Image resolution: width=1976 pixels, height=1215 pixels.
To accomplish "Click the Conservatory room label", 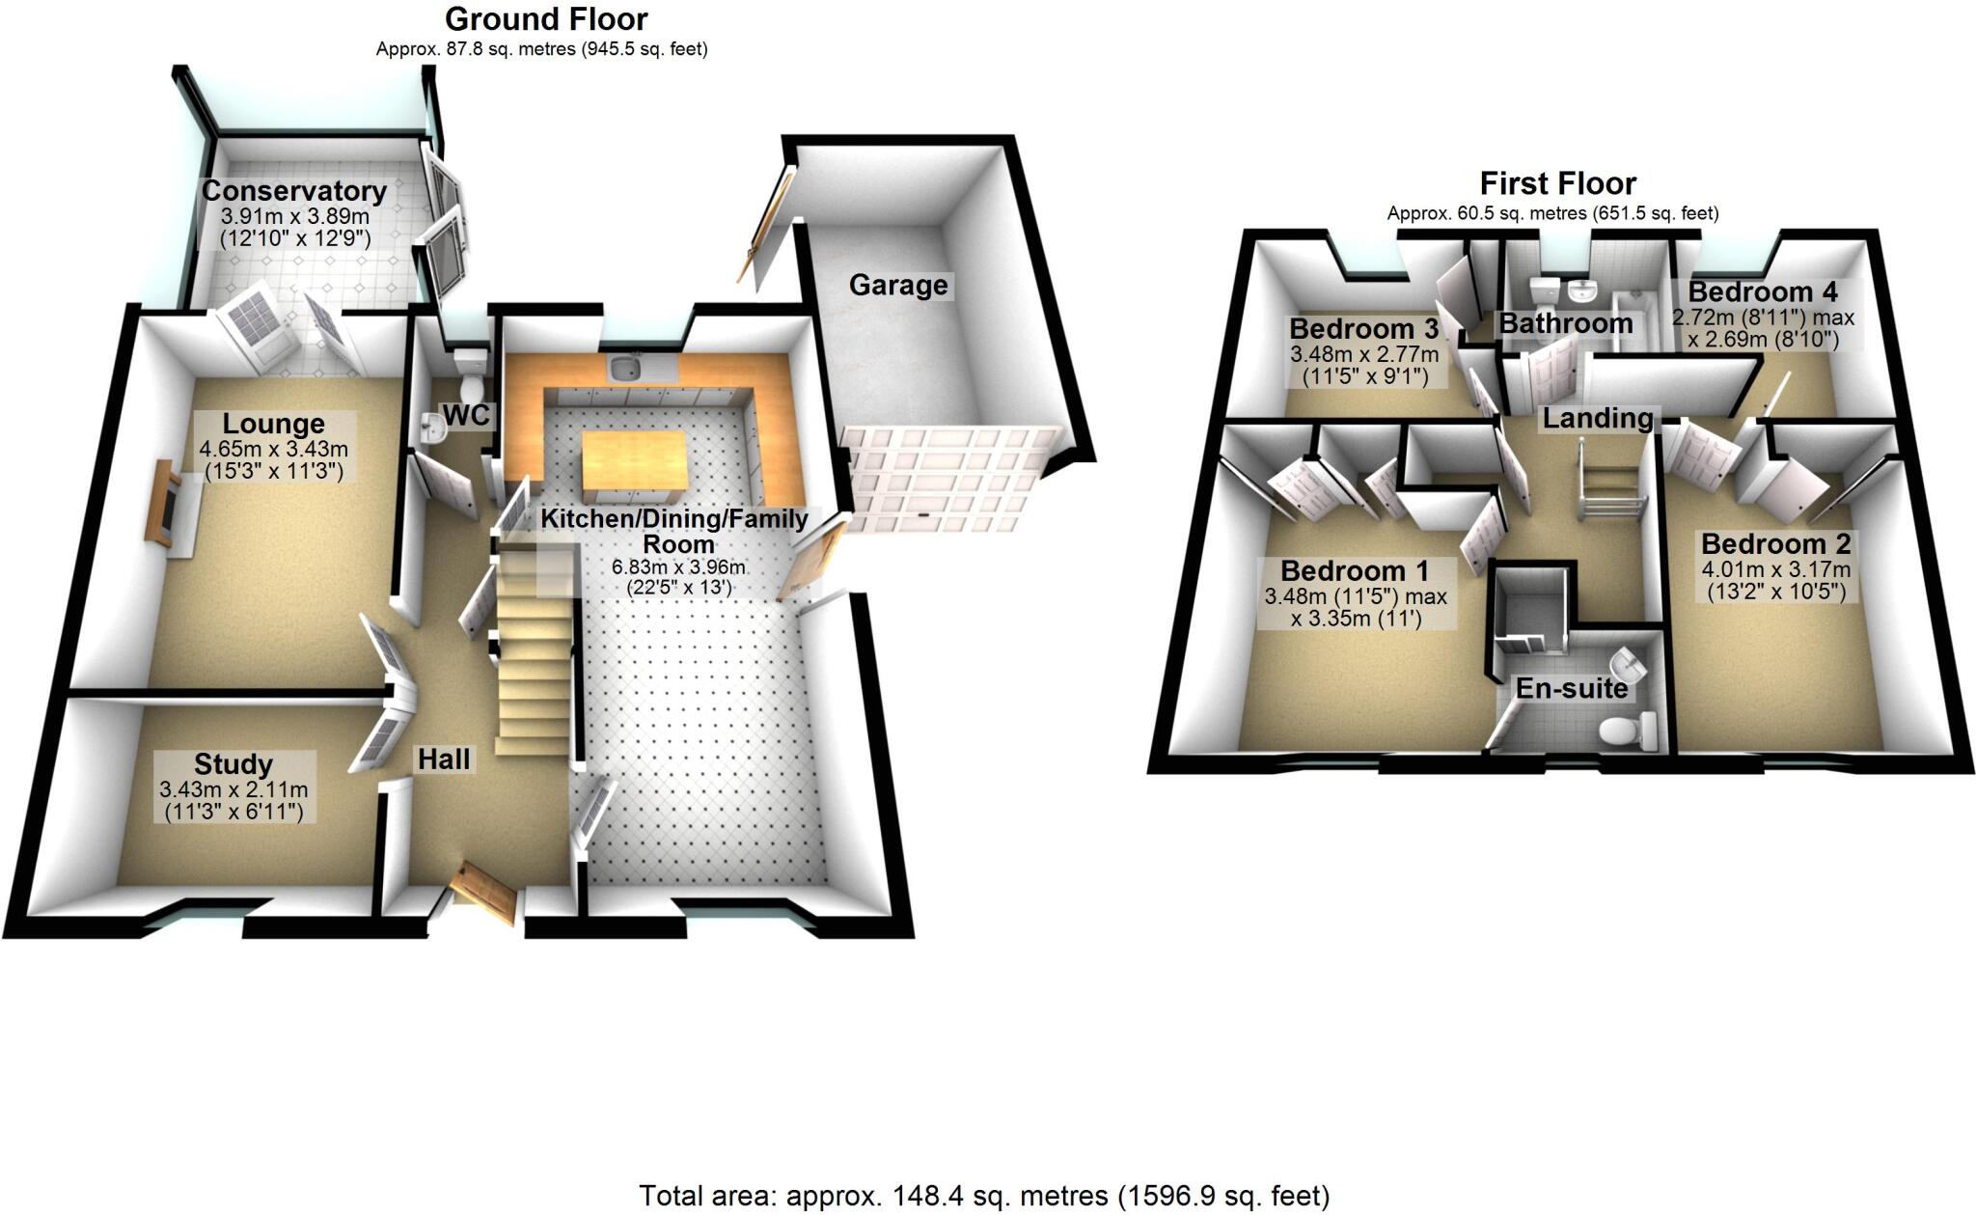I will (293, 191).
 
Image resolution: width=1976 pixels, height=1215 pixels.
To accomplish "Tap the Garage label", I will (897, 285).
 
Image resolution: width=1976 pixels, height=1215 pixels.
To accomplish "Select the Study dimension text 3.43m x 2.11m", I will (233, 789).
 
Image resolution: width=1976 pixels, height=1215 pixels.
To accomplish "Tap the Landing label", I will (1597, 418).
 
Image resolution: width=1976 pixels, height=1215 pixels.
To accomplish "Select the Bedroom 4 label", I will (1762, 291).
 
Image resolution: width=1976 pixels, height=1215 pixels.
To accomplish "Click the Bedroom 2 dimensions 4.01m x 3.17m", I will (1775, 568).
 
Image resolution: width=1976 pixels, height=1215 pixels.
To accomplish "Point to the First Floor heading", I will (1557, 183).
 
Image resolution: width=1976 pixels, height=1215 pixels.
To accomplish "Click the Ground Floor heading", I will (546, 18).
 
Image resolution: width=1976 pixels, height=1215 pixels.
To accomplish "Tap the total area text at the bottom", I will (984, 1196).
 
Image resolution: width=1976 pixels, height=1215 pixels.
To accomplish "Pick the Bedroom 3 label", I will (1362, 328).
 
